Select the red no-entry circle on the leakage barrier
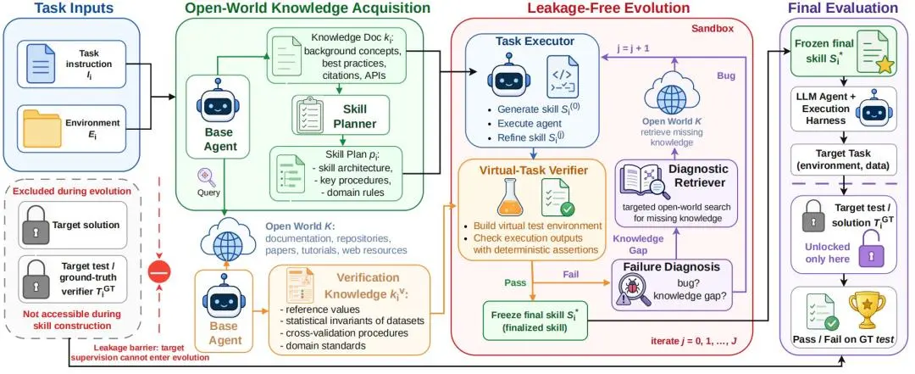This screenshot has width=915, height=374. coord(158,271)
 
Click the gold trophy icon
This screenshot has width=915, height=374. coord(863,310)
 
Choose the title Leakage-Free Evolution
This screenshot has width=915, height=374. coord(608,8)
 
